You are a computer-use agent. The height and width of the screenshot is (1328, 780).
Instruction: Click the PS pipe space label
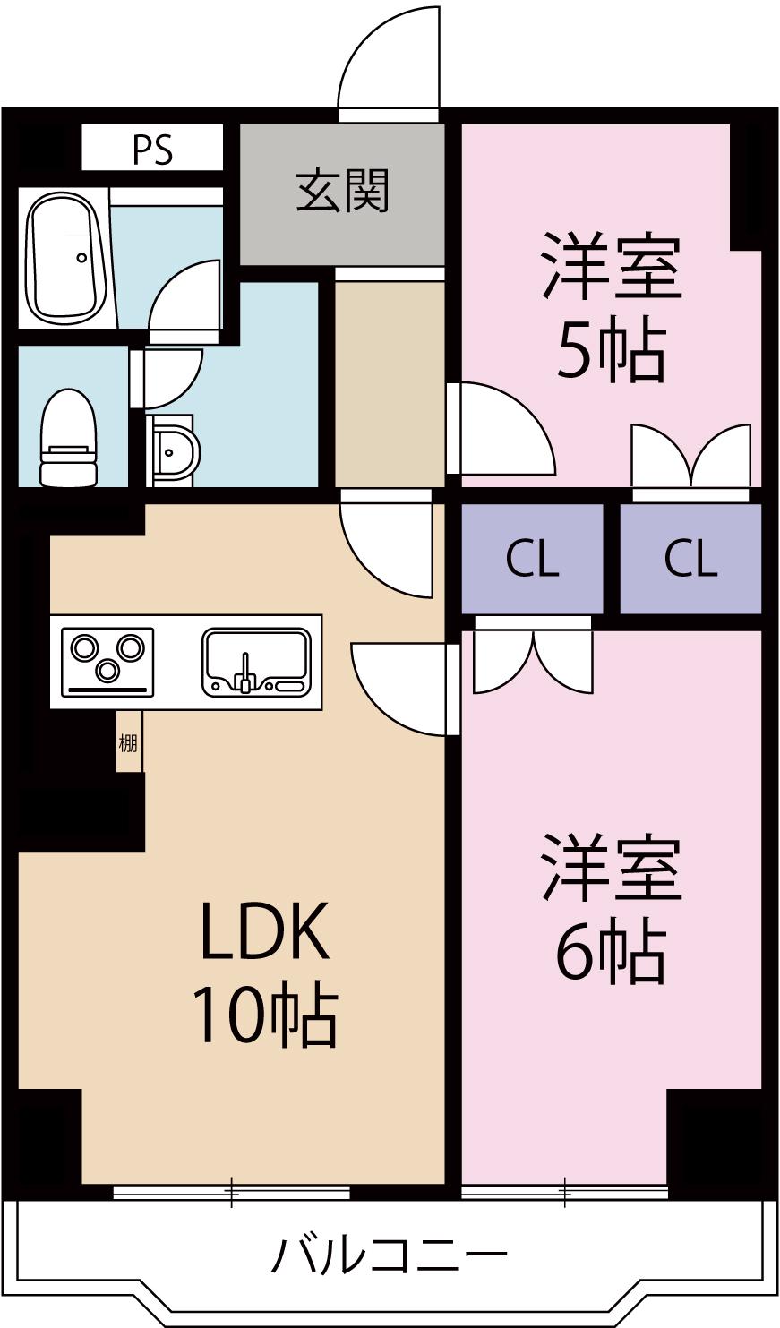[x=152, y=150]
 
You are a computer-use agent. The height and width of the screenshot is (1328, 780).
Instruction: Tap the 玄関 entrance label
[x=343, y=191]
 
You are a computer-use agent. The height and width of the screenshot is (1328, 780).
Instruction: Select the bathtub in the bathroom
[x=64, y=257]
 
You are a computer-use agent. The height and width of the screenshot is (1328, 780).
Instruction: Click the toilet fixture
[x=68, y=438]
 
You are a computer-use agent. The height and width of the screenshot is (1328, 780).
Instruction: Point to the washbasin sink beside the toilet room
[x=173, y=451]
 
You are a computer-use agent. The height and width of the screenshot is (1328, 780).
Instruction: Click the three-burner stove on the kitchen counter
[x=107, y=663]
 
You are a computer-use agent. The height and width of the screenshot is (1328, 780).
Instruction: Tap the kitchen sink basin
[x=257, y=663]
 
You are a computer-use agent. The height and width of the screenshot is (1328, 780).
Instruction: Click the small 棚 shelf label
[x=129, y=742]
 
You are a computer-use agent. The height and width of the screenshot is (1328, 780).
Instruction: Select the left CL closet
[x=532, y=559]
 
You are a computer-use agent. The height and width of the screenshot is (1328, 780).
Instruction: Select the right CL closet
[x=690, y=559]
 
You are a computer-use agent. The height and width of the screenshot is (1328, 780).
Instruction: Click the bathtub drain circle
[x=81, y=257]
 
